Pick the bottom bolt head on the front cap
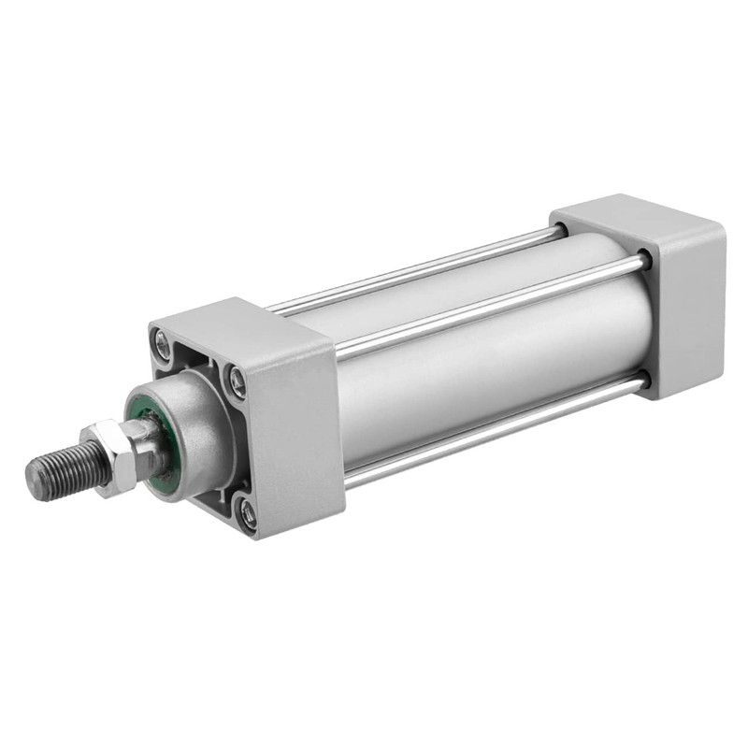click(247, 512)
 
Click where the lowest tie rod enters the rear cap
click(641, 381)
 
